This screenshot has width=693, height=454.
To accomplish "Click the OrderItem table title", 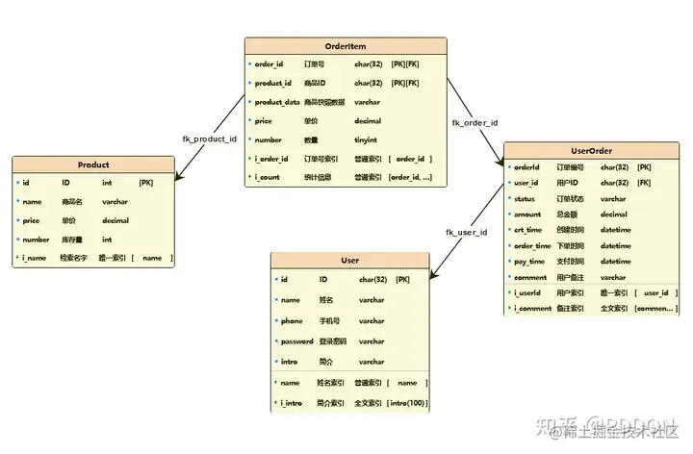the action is tap(345, 45).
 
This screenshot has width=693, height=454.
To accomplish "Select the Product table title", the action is tap(93, 164).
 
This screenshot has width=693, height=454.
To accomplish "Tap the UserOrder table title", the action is tap(592, 150).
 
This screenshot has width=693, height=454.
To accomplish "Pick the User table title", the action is tap(349, 260).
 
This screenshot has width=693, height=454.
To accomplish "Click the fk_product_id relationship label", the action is tap(209, 139).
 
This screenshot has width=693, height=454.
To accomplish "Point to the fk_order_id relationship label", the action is tap(475, 122).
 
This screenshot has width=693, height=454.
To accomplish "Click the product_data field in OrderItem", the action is tap(276, 102).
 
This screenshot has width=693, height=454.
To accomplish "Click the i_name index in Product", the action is tap(38, 258).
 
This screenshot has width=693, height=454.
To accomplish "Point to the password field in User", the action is tap(296, 341).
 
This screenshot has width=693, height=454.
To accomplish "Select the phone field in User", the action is tap(291, 321).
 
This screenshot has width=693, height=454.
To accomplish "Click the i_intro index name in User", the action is tap(292, 403).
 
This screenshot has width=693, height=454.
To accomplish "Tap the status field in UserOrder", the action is tap(525, 198).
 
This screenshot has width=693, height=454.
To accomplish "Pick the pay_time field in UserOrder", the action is tap(528, 262).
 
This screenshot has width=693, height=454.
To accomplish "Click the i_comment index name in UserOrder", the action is tap(532, 309).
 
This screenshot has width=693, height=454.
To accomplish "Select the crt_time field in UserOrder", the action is tap(527, 230).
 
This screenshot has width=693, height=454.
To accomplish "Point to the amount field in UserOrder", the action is tap(526, 214).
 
